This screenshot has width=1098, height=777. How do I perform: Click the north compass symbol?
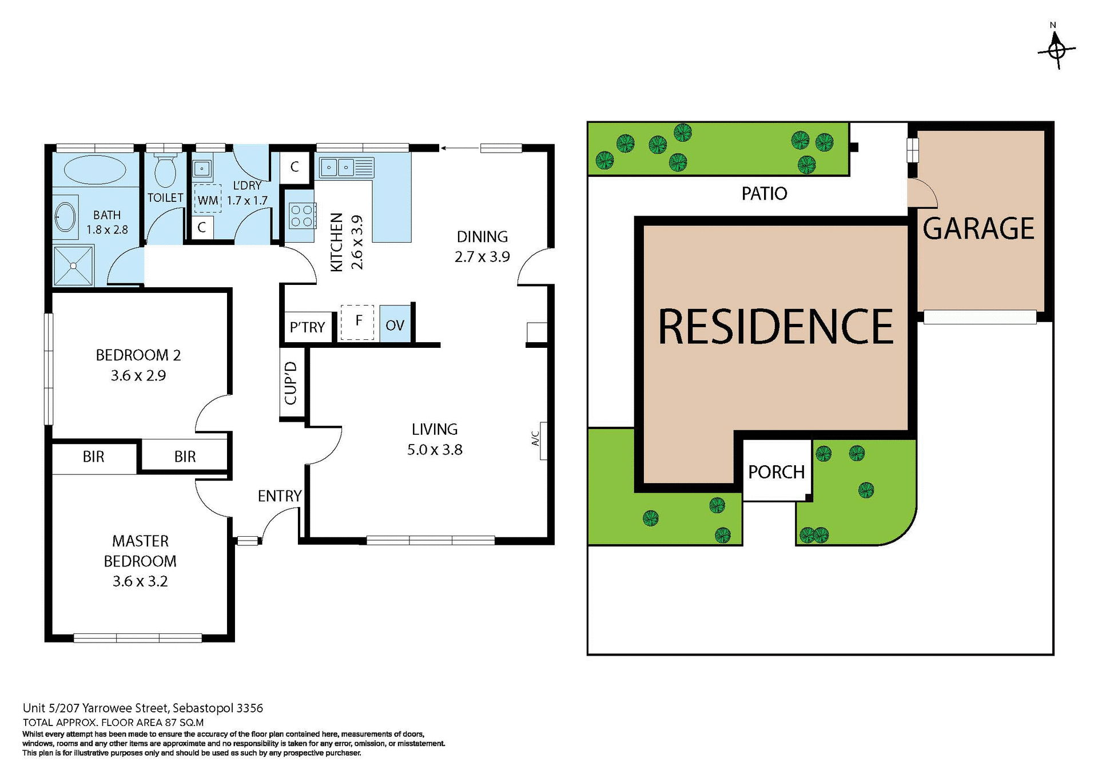(1056, 50)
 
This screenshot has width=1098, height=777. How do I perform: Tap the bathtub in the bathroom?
(95, 170)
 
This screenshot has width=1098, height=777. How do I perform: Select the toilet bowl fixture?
(165, 171)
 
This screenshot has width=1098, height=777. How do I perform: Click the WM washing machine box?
(208, 200)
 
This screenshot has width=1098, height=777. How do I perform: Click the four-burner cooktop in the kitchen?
(301, 216)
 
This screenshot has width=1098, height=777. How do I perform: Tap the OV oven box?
(395, 325)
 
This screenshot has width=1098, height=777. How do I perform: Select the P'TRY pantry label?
(307, 327)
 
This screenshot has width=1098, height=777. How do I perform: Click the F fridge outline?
(357, 322)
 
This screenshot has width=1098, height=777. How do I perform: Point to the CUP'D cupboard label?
(291, 383)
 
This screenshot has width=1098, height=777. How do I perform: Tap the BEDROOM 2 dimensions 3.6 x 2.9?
(138, 376)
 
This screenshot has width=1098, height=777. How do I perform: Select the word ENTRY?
(279, 496)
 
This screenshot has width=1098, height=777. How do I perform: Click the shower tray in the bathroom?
(73, 265)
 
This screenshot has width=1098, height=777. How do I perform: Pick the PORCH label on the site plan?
(776, 472)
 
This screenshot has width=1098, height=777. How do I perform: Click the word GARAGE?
(978, 229)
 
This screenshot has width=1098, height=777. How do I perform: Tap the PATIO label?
(764, 194)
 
